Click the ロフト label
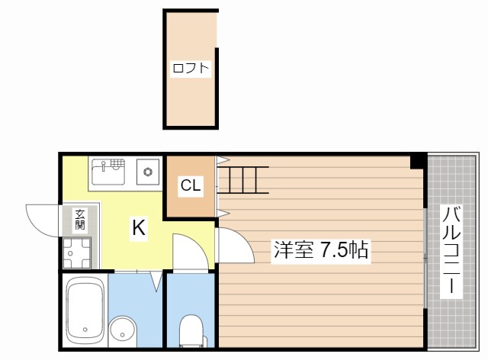[x=190, y=69]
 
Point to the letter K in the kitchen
[x=138, y=227]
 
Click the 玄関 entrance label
[x=79, y=220]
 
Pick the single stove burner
[x=147, y=172]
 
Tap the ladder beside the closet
[x=242, y=180]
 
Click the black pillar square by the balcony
[x=417, y=161]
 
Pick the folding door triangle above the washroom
[x=156, y=281]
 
